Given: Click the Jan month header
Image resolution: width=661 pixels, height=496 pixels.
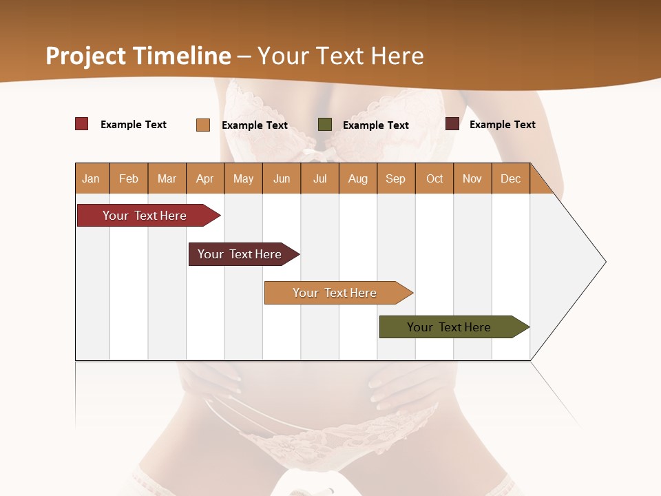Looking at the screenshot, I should (91, 178).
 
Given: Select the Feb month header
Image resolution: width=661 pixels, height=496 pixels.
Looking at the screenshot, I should (129, 178).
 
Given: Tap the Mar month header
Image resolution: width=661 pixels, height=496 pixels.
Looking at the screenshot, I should (167, 178).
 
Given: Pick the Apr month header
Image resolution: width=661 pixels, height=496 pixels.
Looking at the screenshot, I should (205, 178).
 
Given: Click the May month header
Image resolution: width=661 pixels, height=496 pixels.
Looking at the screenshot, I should (243, 178).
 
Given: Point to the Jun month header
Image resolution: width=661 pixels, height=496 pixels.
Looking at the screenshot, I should (282, 178).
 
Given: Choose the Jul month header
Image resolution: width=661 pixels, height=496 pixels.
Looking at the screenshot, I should (319, 178).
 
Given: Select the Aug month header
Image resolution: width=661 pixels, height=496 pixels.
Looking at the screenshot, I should (358, 178).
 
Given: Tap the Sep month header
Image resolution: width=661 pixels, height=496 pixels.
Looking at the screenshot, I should (396, 178).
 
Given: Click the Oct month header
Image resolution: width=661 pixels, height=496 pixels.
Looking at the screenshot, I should (434, 178).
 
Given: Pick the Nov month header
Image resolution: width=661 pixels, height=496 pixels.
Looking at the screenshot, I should (472, 178).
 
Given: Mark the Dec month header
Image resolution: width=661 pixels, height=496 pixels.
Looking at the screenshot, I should (511, 178).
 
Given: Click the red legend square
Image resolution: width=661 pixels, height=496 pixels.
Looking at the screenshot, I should (82, 124).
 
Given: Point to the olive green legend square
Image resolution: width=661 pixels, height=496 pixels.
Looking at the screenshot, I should (325, 124).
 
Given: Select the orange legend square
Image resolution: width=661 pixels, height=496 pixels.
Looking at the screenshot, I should (203, 125).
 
